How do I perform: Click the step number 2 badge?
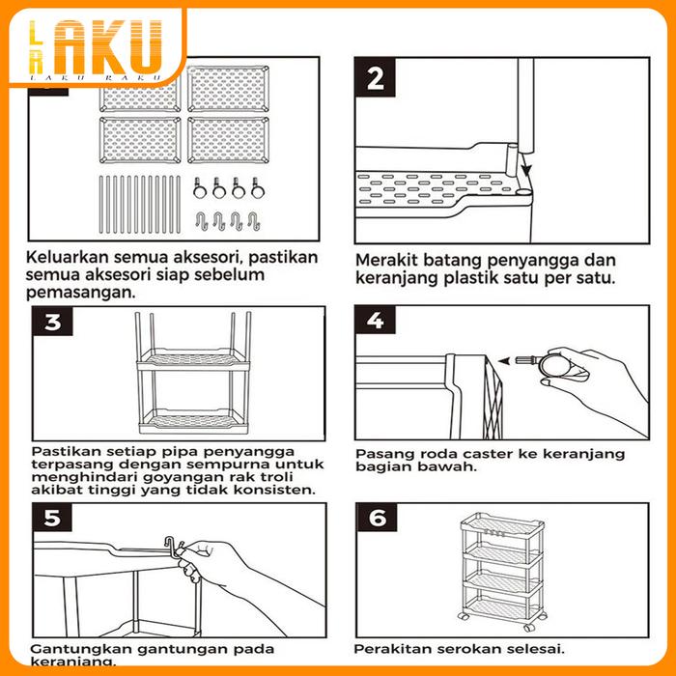click(375, 77)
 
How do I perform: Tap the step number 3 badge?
click(52, 322)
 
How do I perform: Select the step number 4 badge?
click(375, 320)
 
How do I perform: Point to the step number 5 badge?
click(52, 518)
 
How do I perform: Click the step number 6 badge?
click(377, 518)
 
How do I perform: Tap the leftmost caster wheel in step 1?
click(199, 188)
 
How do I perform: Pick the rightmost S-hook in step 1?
click(254, 221)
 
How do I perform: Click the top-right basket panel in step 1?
click(229, 89)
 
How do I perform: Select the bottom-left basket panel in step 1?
click(140, 140)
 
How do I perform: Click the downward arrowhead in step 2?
click(527, 170)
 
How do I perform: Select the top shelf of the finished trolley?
click(502, 527)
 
